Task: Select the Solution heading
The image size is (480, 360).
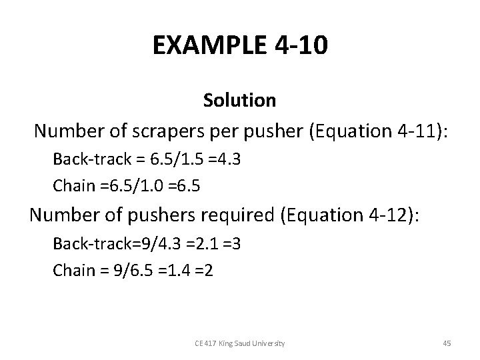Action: pyautogui.click(x=239, y=101)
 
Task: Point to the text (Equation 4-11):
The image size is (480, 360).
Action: pyautogui.click(x=379, y=131)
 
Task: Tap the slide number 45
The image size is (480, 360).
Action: pyautogui.click(x=447, y=343)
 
